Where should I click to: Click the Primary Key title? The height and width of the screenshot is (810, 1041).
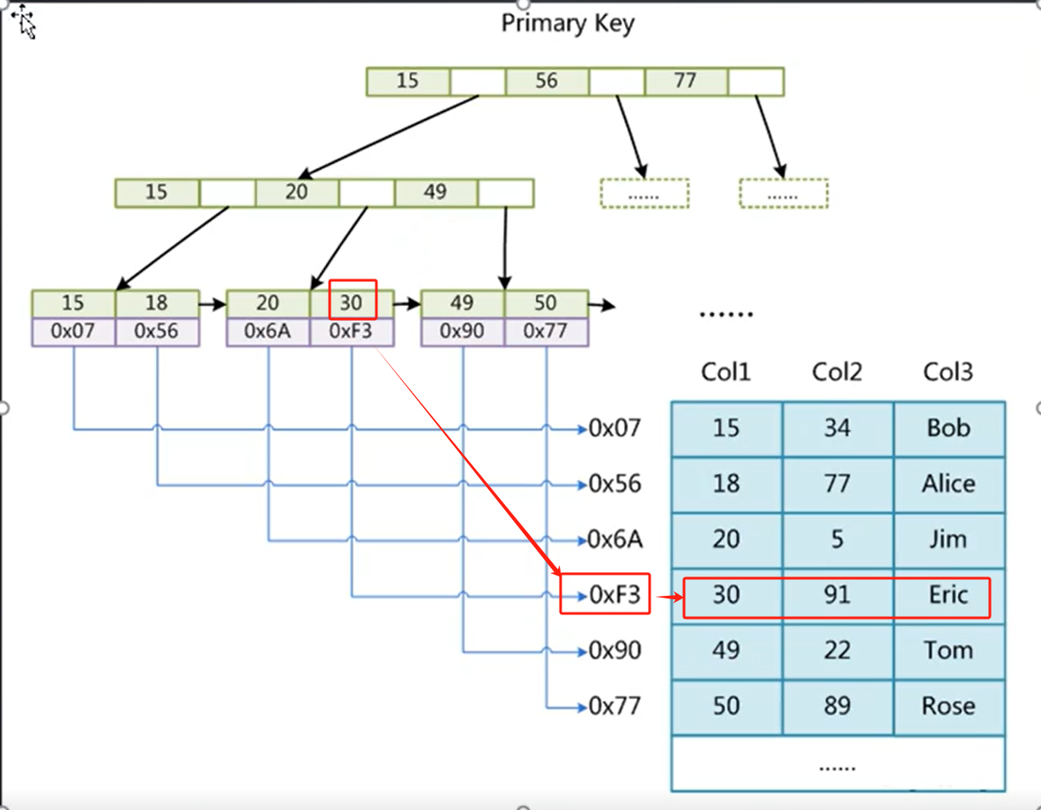point(567,24)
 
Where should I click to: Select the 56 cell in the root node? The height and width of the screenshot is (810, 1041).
point(547,81)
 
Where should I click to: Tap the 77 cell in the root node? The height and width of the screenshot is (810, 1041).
point(685,81)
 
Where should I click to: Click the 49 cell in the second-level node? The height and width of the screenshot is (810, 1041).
point(435,192)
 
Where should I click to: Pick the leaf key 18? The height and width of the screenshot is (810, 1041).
point(156,303)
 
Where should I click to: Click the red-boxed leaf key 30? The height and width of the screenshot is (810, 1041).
point(352,303)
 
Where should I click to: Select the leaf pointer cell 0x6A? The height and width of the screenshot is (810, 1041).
point(268,331)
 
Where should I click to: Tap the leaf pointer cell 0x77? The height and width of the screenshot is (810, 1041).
point(546,331)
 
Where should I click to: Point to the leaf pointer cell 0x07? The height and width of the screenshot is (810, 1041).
point(73,331)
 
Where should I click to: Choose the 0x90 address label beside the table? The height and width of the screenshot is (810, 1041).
point(614,651)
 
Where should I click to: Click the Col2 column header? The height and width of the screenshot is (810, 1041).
point(837,372)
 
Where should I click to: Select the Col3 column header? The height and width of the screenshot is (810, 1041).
point(948,372)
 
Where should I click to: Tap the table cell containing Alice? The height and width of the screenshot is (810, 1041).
point(948,484)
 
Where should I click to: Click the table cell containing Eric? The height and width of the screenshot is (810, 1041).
point(948,595)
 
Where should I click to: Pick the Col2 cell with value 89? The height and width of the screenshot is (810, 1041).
point(837,706)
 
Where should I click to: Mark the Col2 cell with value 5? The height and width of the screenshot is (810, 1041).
point(837,539)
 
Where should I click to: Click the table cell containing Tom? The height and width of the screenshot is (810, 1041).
point(948,650)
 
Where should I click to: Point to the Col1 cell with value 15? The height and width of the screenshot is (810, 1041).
point(725,428)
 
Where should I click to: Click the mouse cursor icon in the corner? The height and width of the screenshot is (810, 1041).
point(24,22)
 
